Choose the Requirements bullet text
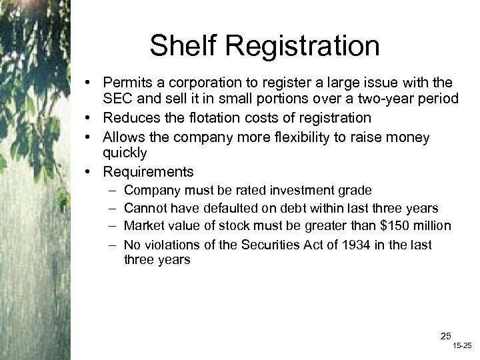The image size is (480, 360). [x=148, y=172]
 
